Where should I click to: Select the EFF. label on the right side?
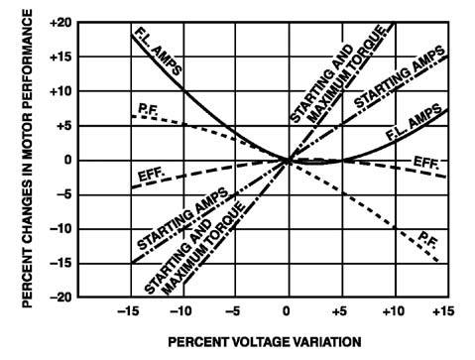click(x=429, y=160)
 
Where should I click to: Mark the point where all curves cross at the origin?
click(x=288, y=159)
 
